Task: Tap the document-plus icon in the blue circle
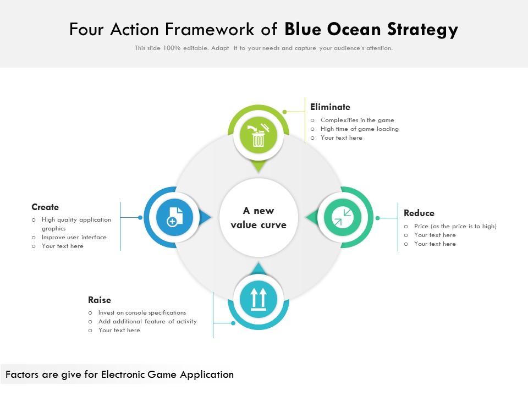point(174,218)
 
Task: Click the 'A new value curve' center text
point(258,218)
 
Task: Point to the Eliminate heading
point(330,107)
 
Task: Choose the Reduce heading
point(419,213)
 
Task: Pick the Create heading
point(45,207)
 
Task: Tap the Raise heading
point(100,300)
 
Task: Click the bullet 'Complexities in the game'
point(357,120)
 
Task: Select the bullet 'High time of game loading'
point(359,129)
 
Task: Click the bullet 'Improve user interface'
point(74,237)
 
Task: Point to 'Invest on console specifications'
point(142,312)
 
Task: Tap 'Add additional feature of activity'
point(147,321)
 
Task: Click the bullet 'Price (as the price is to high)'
point(455,226)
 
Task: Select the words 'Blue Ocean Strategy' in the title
point(371,29)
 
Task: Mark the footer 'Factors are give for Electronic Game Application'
point(119,375)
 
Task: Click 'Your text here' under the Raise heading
point(119,330)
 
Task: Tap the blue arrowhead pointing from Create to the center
point(206,218)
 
